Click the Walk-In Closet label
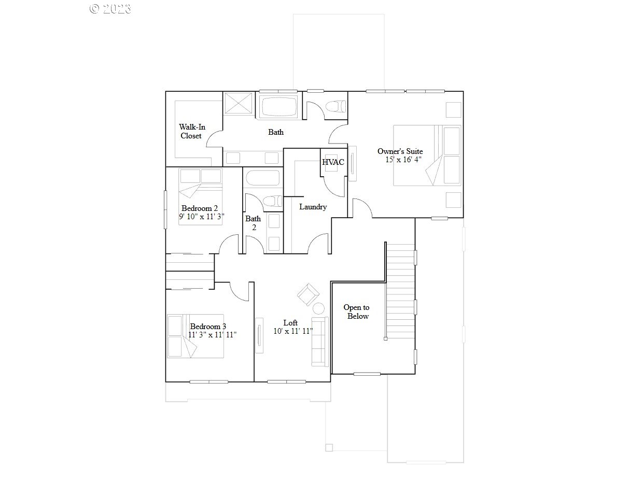click(190, 131)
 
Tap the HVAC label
click(333, 162)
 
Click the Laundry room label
click(313, 207)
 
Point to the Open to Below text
click(357, 312)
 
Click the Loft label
click(290, 322)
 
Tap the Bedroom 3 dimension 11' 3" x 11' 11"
click(212, 335)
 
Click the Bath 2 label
click(253, 223)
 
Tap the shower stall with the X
click(240, 106)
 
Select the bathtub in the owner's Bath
click(279, 107)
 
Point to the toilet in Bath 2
click(270, 201)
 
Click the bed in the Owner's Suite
click(426, 155)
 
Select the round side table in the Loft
click(318, 309)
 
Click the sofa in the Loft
click(320, 341)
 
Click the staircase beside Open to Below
click(401, 290)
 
